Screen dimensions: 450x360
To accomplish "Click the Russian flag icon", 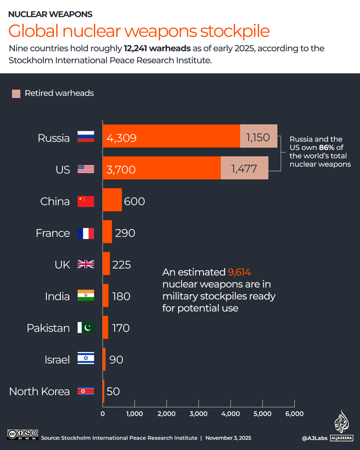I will point(86,137).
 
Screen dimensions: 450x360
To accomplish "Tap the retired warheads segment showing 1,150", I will point(258,136).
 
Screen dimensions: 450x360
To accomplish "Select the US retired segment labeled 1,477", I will point(244,168).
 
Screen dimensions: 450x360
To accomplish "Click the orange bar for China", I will point(112,200).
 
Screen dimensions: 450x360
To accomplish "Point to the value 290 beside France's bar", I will point(125,233).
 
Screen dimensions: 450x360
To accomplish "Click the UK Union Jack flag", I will point(86,264).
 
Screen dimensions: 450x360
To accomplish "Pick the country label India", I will point(57,296).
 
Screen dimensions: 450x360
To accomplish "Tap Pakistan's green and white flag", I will point(86,328).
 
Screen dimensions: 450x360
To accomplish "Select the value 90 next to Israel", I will point(116,360).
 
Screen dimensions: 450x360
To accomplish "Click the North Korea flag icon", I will point(86,391).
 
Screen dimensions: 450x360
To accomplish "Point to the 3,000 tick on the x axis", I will point(198,414).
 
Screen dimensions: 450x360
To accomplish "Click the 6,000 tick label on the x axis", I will point(294,414).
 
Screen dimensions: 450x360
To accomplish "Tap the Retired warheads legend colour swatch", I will point(16,94).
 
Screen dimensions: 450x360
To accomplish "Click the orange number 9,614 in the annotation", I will point(239,272).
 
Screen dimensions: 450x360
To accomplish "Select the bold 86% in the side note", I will point(326,148).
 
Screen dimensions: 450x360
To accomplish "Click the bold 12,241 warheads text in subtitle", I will point(157,48).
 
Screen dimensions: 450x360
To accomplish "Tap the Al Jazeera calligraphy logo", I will point(341,422).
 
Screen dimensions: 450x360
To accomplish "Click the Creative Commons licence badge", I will point(23,434).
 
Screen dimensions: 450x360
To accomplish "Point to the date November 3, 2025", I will point(228,438).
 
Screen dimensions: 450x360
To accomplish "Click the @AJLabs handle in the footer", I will point(314,438).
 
